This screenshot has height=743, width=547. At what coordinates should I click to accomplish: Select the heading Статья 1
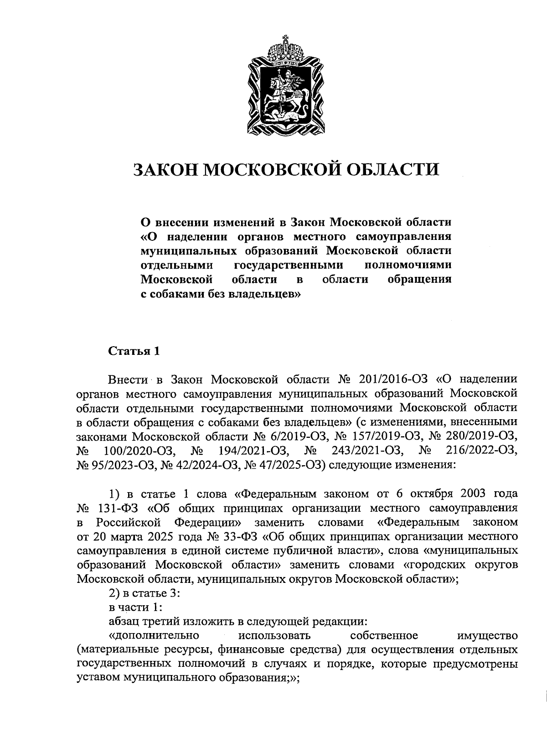pos(134,351)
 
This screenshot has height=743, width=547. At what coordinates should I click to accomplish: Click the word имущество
pos(486,635)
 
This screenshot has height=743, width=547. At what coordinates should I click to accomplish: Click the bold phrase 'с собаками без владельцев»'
pos(219,294)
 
